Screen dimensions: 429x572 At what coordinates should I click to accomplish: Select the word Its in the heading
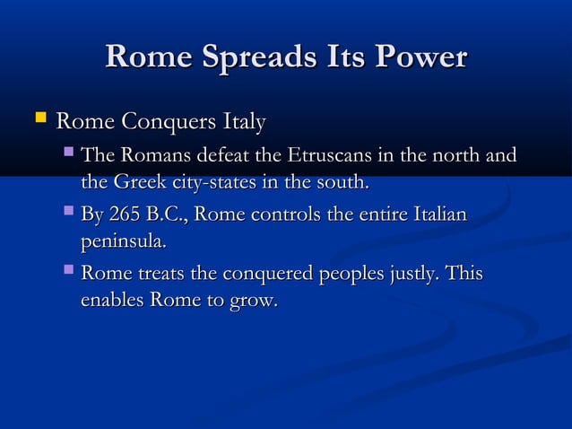pyautogui.click(x=343, y=58)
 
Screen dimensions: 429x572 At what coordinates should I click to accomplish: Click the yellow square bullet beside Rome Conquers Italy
pyautogui.click(x=39, y=117)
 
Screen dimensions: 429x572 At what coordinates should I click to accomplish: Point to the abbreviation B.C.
pyautogui.click(x=167, y=215)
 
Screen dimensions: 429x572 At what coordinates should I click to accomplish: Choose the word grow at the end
pyautogui.click(x=252, y=301)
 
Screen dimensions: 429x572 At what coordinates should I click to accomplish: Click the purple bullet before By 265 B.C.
pyautogui.click(x=69, y=214)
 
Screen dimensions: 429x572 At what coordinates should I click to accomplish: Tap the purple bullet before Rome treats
pyautogui.click(x=69, y=272)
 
